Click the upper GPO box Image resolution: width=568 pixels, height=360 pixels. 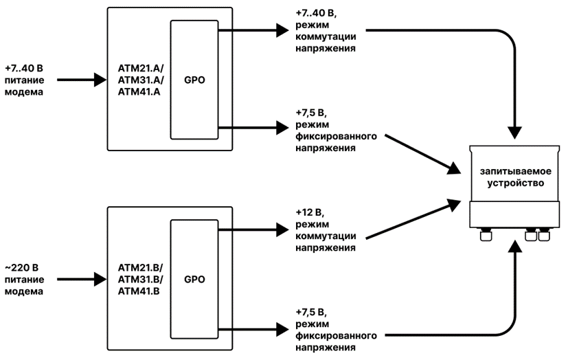tap(194, 80)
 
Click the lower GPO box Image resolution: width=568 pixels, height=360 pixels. tap(194, 280)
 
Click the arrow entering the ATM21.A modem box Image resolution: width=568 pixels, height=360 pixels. tap(81, 80)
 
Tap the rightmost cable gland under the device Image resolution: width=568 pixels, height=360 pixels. tap(544, 235)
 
